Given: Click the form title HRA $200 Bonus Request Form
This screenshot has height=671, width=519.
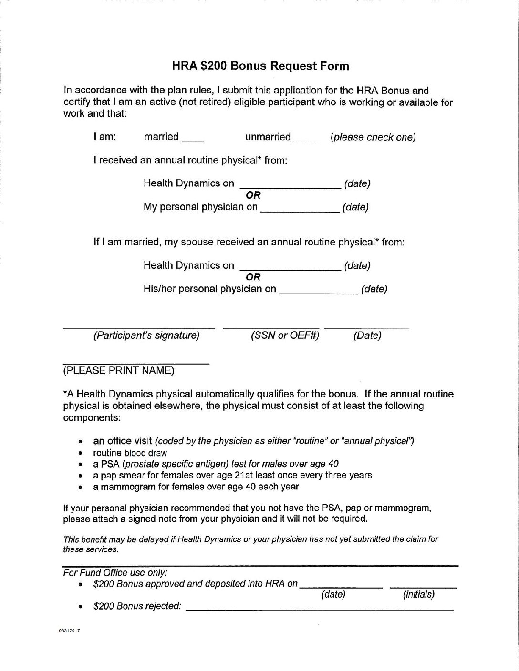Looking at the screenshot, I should (260, 66).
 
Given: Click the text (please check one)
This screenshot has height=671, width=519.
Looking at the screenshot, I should (373, 137).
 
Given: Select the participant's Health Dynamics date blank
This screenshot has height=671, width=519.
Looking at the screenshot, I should (290, 186).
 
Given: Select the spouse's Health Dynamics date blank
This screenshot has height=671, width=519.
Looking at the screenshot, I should (290, 268).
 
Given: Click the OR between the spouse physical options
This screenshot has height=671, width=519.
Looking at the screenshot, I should (253, 277).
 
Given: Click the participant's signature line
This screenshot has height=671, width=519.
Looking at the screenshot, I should (139, 327).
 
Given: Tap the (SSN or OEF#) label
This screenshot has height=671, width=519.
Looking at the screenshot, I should (285, 335).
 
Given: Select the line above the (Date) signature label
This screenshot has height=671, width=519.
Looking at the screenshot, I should (367, 327).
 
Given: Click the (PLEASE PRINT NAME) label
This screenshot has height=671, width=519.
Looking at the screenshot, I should (119, 370).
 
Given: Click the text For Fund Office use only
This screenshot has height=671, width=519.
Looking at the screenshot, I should (115, 572).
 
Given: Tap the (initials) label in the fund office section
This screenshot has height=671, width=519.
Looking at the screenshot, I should (419, 594).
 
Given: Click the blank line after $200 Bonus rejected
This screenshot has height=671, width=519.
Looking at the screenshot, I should (319, 609).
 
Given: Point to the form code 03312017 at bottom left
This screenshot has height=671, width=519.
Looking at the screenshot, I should (70, 630).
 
